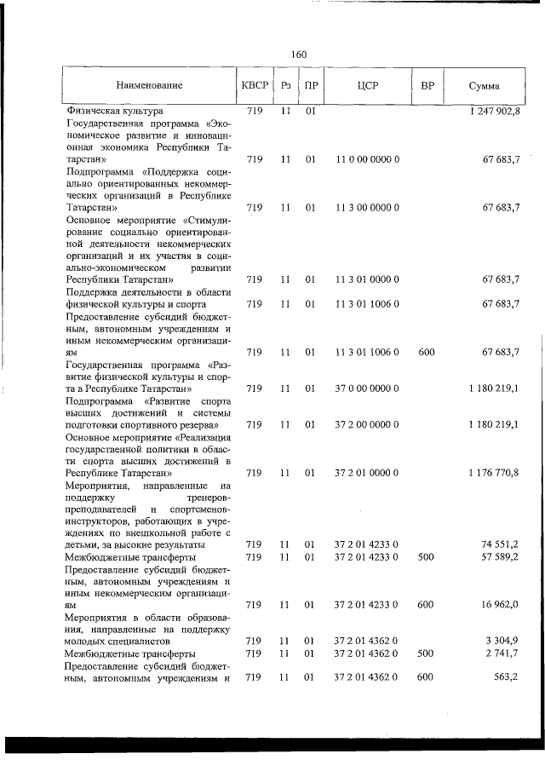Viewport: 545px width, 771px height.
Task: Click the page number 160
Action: [x=298, y=55]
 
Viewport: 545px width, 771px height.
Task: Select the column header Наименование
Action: [x=150, y=86]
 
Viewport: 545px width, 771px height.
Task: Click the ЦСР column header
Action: [x=368, y=86]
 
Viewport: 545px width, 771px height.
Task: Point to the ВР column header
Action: [x=427, y=86]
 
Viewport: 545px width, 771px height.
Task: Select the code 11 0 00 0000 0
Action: [x=368, y=158]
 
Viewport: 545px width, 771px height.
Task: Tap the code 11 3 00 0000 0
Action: [x=368, y=207]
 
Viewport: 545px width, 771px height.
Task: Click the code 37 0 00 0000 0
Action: [x=368, y=388]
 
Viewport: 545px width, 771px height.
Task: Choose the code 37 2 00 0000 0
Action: [x=368, y=423]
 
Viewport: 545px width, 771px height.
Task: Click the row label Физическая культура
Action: [x=115, y=111]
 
